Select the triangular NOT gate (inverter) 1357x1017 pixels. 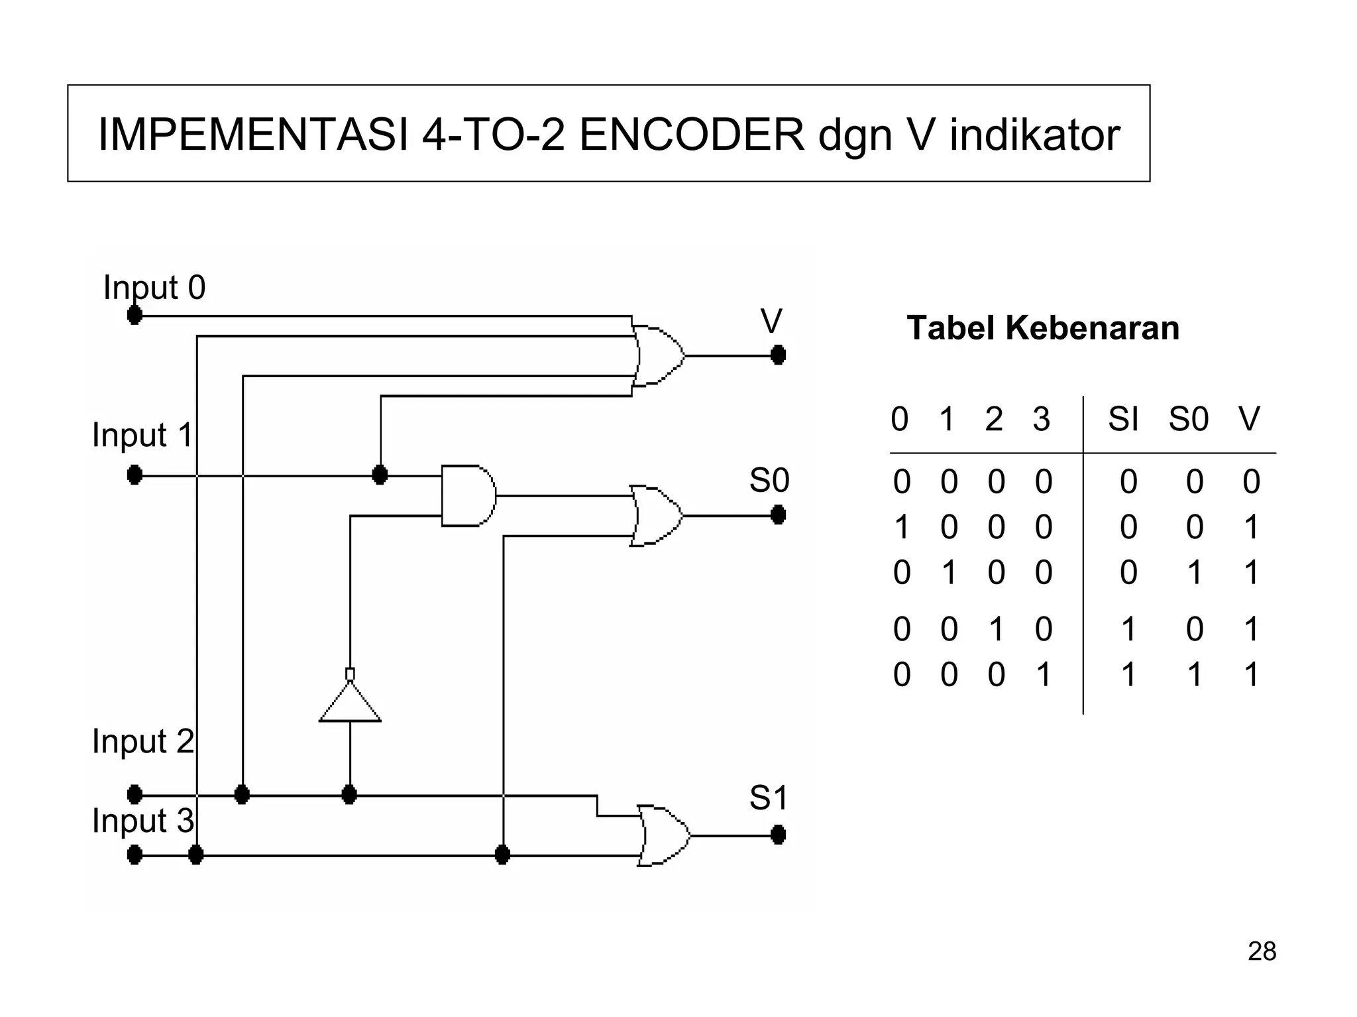point(350,703)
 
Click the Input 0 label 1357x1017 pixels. point(154,288)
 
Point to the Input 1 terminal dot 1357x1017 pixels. point(135,475)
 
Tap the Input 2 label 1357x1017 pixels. point(143,741)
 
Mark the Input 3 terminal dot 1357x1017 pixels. point(135,855)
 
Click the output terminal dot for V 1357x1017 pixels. point(779,355)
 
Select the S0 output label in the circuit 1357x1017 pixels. point(769,480)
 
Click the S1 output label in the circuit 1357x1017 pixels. point(769,798)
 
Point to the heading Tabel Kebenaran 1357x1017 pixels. point(1043,328)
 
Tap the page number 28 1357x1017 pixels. point(1262,951)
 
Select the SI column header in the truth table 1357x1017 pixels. point(1123,419)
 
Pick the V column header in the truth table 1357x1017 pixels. point(1249,419)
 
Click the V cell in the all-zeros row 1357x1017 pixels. point(1251,482)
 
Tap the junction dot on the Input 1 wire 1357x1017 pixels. point(380,475)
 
